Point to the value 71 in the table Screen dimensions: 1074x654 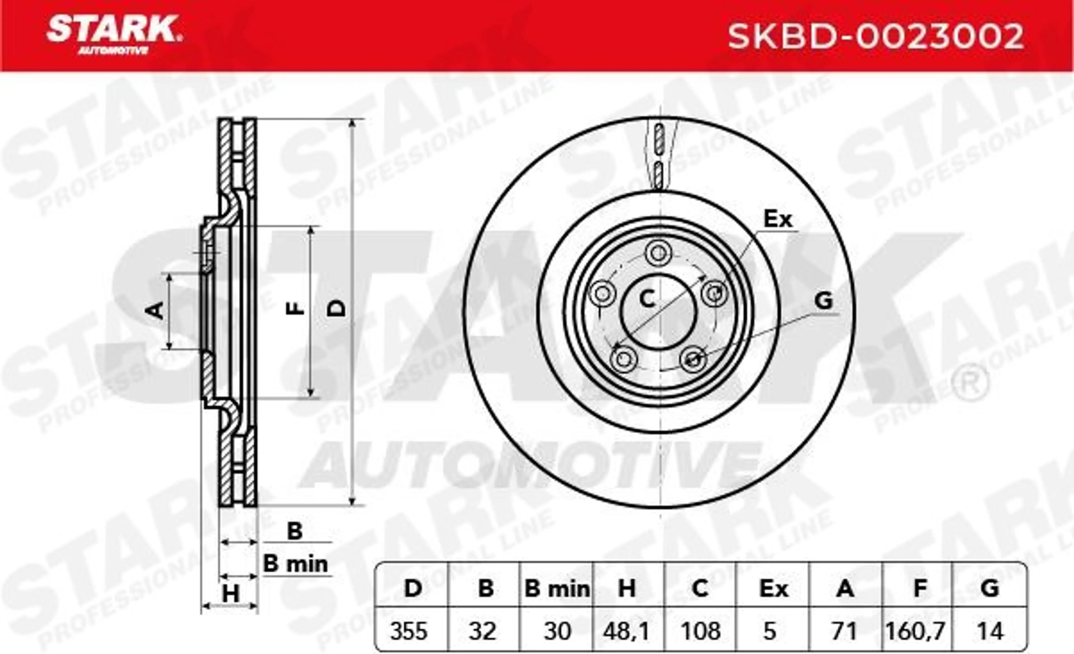(x=845, y=631)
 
